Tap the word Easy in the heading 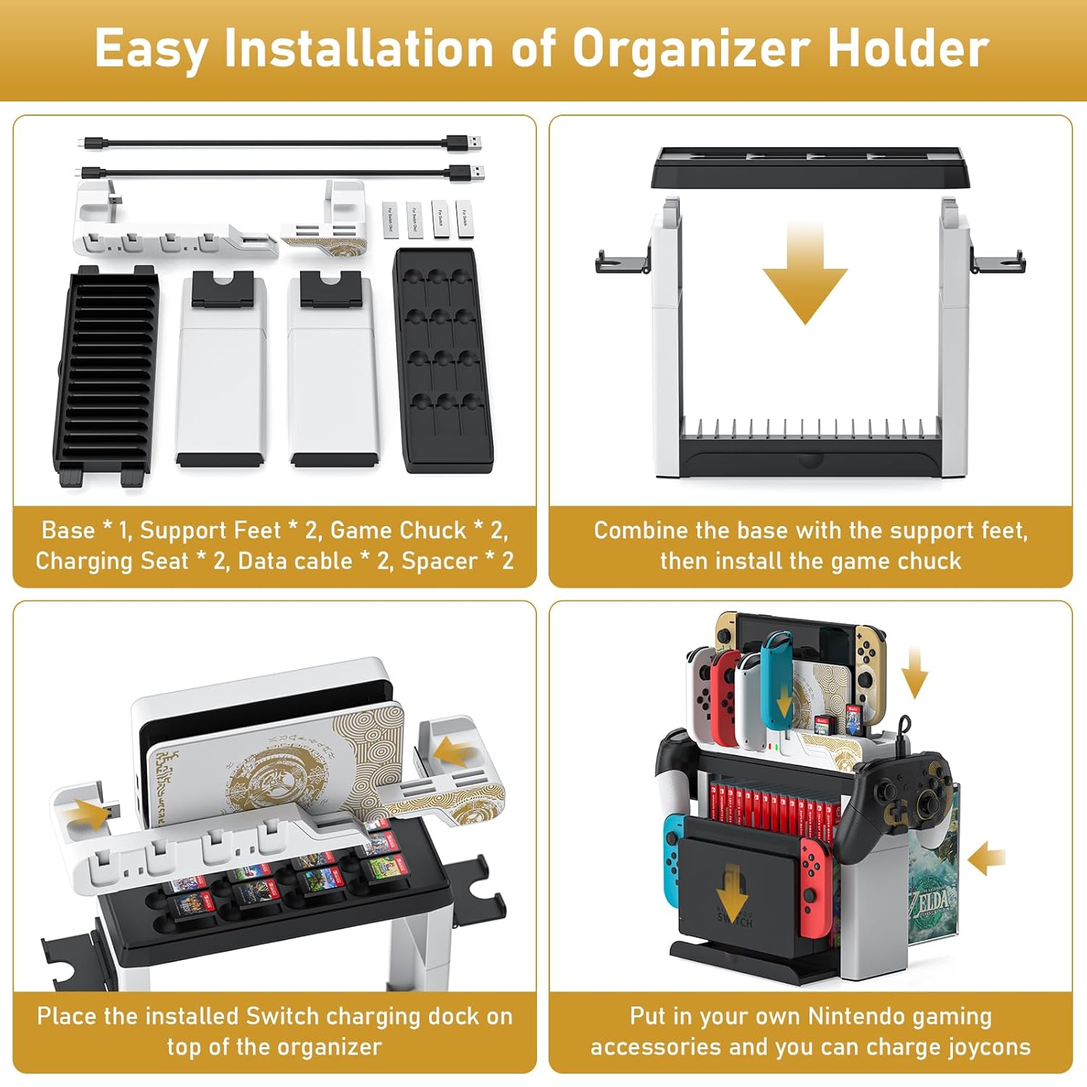(x=151, y=49)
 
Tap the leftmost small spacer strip (x=390, y=219)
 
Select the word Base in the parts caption (x=68, y=530)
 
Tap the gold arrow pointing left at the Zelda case (x=987, y=859)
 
